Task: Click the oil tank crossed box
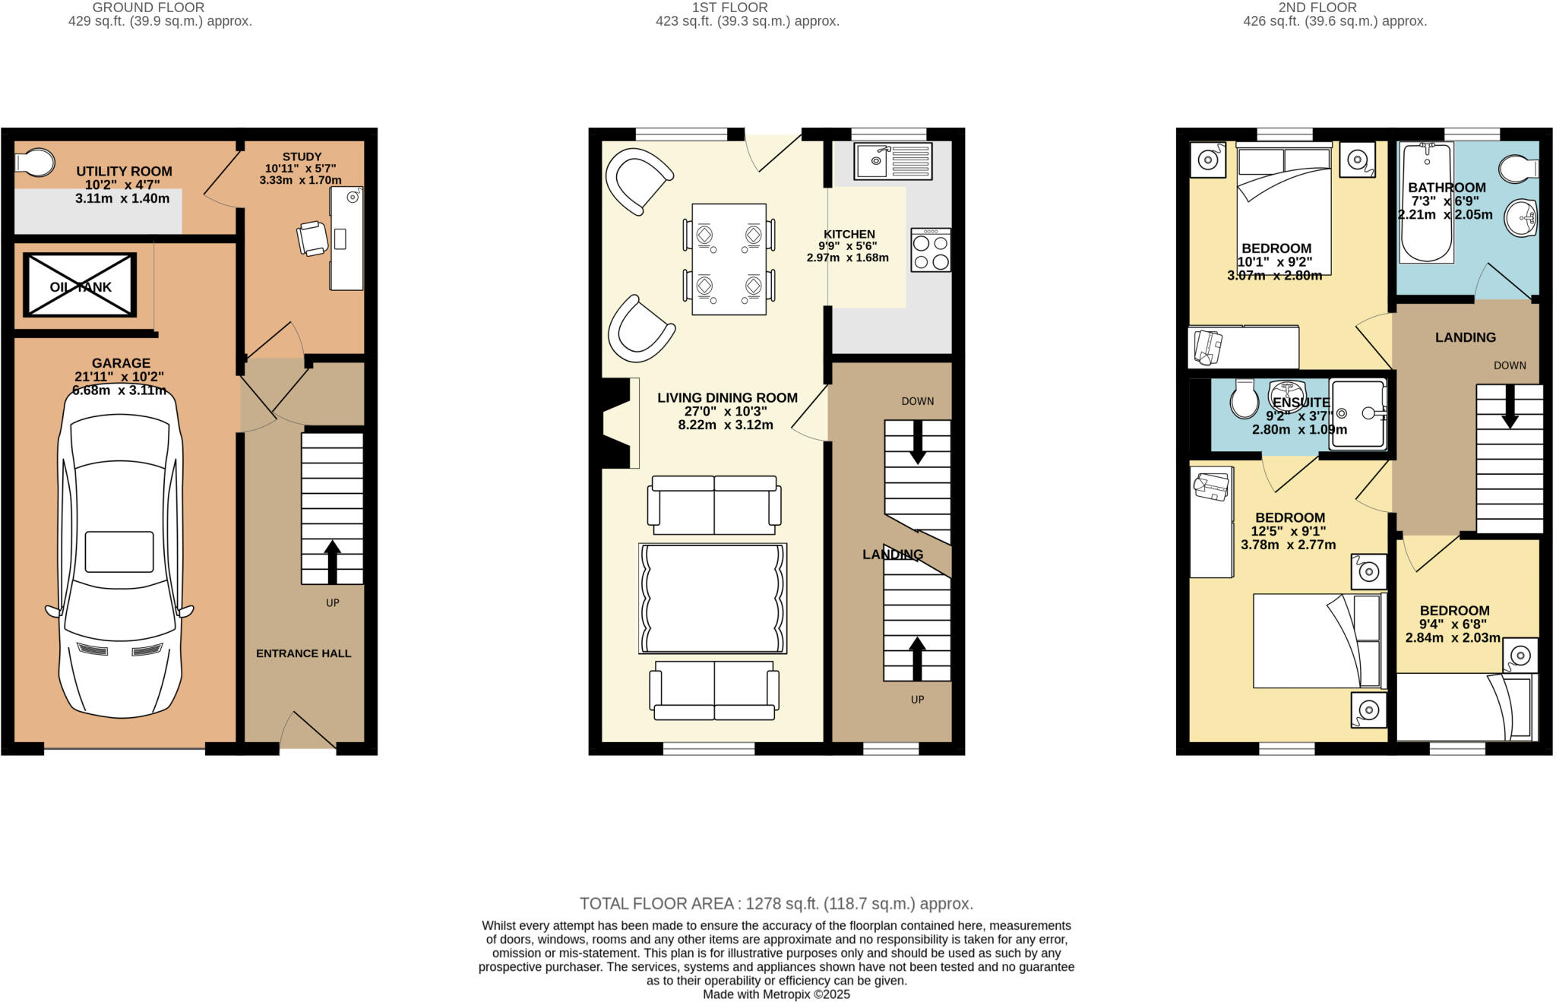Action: [80, 286]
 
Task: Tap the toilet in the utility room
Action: [34, 162]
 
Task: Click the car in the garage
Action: [120, 555]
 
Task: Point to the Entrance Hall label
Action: [303, 653]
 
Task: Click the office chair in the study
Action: [312, 238]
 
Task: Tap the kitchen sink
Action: [892, 161]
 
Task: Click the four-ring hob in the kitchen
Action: [931, 251]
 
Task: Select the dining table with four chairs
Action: [729, 259]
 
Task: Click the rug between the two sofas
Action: [713, 598]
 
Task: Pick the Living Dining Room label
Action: [727, 397]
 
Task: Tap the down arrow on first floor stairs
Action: [918, 442]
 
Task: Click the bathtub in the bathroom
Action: [1426, 202]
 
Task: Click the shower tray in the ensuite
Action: [1358, 414]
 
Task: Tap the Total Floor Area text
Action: [776, 903]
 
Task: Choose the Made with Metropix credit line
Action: [776, 994]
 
